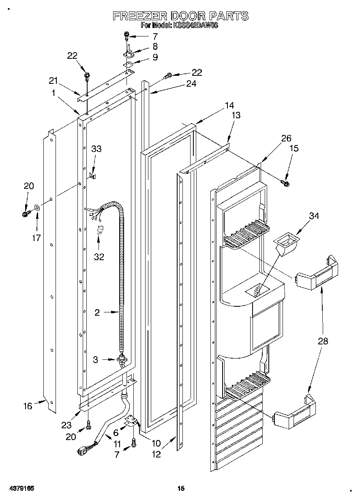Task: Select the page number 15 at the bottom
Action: click(181, 489)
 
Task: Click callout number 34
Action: click(314, 216)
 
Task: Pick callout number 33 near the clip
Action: click(96, 149)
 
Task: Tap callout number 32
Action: click(99, 256)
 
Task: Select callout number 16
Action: click(28, 406)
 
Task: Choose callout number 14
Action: click(229, 105)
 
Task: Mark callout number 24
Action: click(191, 84)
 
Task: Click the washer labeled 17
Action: click(37, 208)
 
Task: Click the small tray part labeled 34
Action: click(285, 244)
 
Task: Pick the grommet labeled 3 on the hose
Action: click(122, 359)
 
